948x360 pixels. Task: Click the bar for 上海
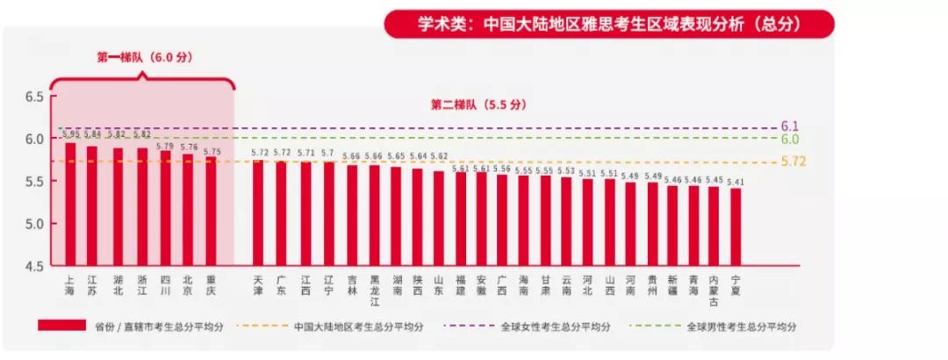pyautogui.click(x=70, y=204)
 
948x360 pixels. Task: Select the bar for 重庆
pyautogui.click(x=212, y=212)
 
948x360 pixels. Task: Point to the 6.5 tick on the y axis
pyautogui.click(x=33, y=97)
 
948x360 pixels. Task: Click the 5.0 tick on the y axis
pyautogui.click(x=33, y=224)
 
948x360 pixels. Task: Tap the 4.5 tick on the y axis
pyautogui.click(x=33, y=266)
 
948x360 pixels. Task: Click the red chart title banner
pyautogui.click(x=608, y=25)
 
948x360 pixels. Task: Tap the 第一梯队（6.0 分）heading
pyautogui.click(x=144, y=58)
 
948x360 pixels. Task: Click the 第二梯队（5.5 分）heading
pyautogui.click(x=478, y=104)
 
